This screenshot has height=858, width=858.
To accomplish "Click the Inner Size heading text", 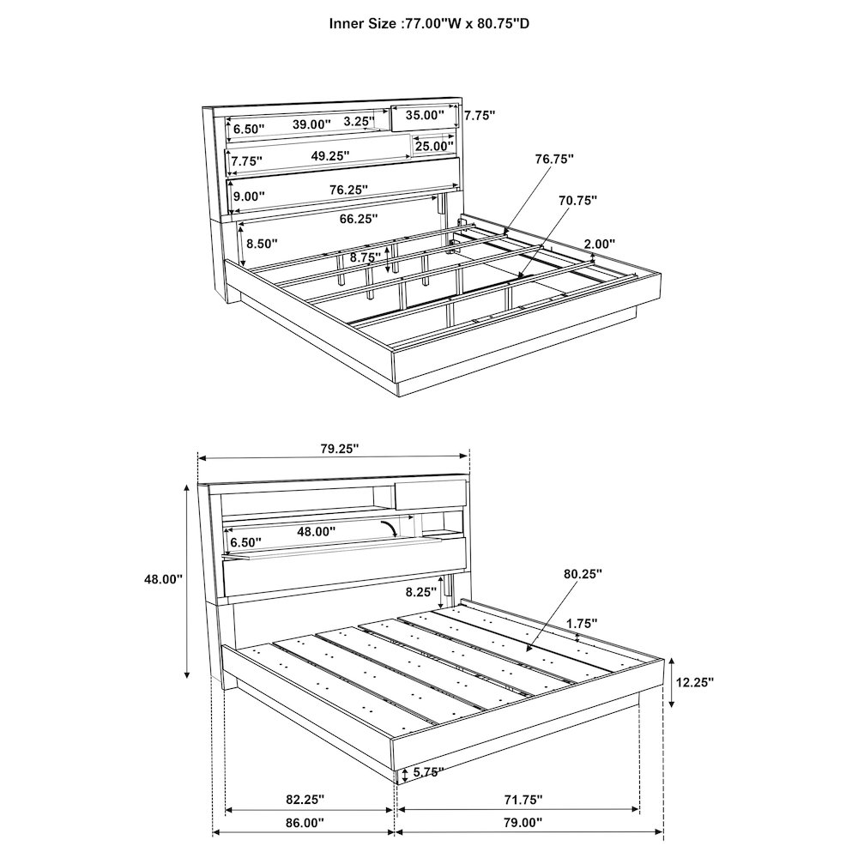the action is (x=429, y=23).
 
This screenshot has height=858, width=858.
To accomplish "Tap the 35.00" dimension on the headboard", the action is (x=425, y=115).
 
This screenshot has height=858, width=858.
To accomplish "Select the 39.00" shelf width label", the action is (x=311, y=124).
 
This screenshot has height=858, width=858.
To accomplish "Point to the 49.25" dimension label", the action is (x=330, y=156).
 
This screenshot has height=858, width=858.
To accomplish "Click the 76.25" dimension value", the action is (x=348, y=190).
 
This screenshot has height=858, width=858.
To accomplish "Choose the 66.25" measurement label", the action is (x=359, y=219).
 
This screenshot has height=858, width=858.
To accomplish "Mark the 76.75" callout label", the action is (x=554, y=159).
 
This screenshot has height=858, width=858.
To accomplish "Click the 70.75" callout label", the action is (x=577, y=200).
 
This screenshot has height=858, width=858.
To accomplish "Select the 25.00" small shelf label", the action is (x=434, y=146).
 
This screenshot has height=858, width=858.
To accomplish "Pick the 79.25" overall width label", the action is (x=339, y=449).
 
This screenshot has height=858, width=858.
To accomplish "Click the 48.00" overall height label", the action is (x=163, y=579).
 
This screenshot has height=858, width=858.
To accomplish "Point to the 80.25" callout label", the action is (x=583, y=574).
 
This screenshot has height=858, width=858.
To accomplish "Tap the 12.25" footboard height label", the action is (x=695, y=682).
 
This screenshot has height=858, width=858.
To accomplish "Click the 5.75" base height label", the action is (x=427, y=773).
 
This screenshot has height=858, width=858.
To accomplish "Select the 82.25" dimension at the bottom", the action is (x=305, y=800).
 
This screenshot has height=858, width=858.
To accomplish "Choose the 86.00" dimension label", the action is (x=305, y=837).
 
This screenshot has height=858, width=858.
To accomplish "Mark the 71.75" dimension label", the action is (x=523, y=800).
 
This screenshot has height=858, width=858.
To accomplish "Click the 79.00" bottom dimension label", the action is (x=523, y=837).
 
